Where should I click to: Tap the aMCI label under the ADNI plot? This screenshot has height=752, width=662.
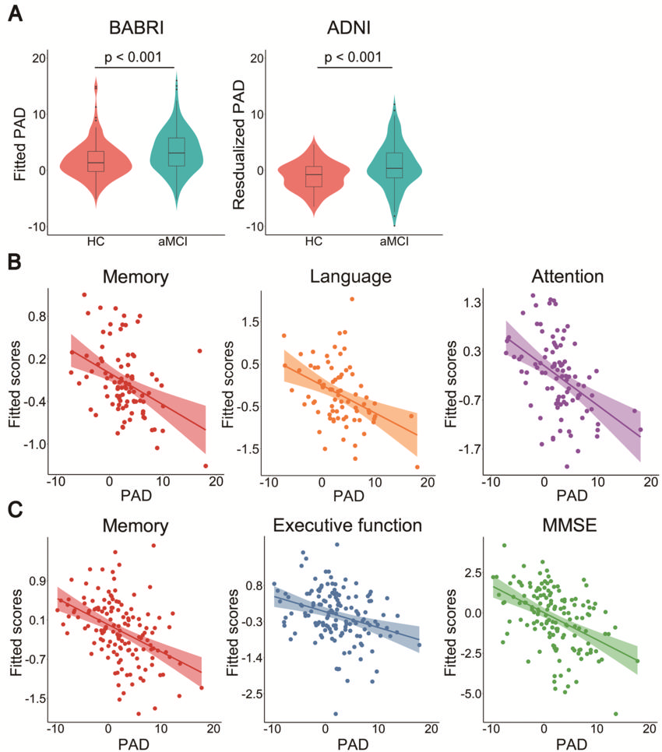pos(393,241)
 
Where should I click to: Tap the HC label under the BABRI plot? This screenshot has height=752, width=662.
pos(96,241)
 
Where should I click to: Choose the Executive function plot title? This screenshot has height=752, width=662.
pos(347,526)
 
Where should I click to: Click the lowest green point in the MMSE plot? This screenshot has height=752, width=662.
pos(615,714)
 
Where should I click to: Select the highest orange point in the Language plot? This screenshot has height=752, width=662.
pos(352,299)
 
